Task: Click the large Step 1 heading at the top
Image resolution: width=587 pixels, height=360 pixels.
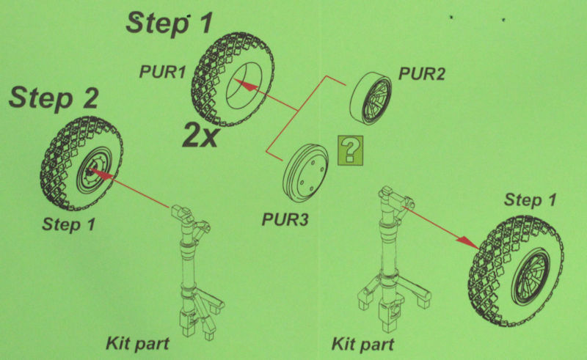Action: coord(169,23)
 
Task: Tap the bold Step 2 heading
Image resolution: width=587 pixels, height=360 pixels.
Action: coord(55,99)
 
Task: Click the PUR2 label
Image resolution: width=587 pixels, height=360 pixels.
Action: coord(421,74)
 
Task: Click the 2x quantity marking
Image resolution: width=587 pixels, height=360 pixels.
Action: coord(200,136)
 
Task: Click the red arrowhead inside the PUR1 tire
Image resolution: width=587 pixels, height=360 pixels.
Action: coord(249,87)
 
